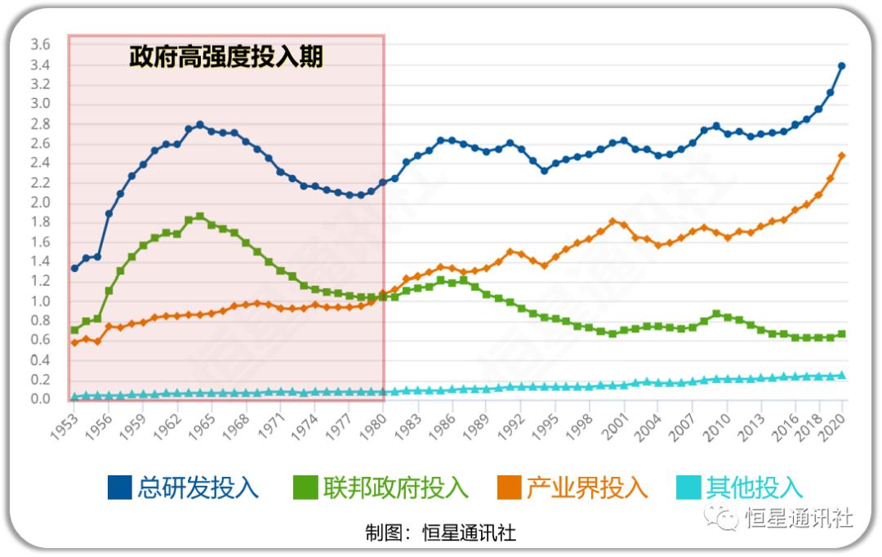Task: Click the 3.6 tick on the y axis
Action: click(x=40, y=44)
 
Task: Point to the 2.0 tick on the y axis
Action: click(x=40, y=203)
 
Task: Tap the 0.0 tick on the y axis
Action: click(x=40, y=399)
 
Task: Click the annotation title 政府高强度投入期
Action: click(x=226, y=57)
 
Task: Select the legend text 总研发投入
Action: click(x=198, y=488)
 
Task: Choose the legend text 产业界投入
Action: click(x=586, y=488)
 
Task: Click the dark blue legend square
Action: click(x=120, y=488)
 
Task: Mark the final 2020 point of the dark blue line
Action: click(x=842, y=66)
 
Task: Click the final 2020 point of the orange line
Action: click(x=842, y=155)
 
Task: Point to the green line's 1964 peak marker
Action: click(x=200, y=216)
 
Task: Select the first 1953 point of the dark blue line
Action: click(x=74, y=268)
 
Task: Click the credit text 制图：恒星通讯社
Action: click(x=440, y=533)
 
